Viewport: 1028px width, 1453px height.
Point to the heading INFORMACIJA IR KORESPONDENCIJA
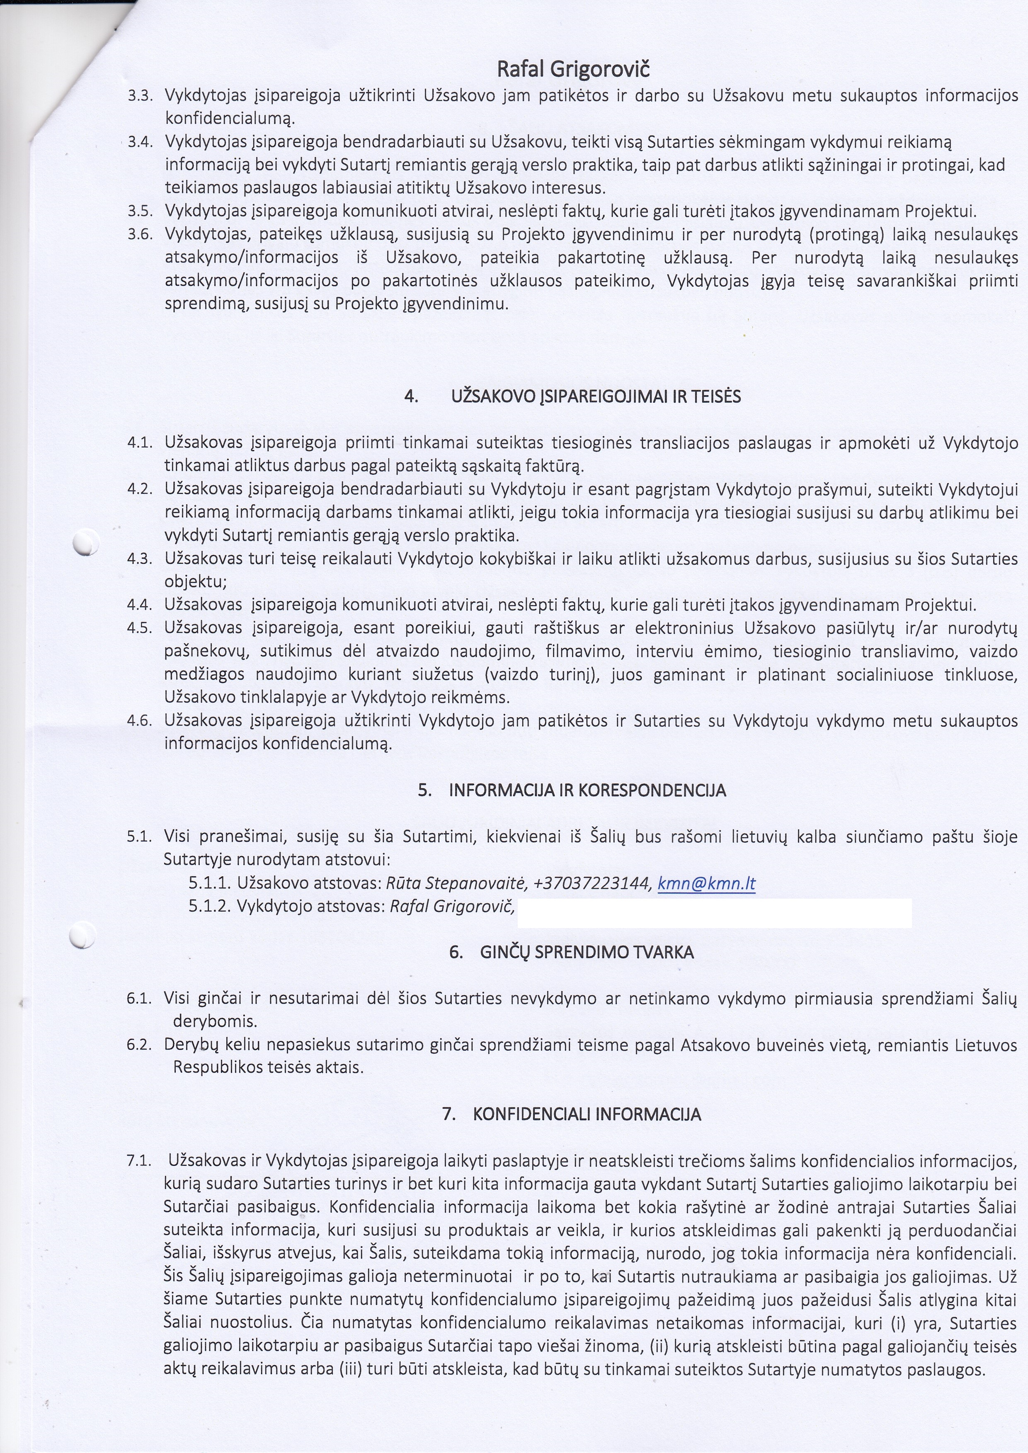click(x=587, y=791)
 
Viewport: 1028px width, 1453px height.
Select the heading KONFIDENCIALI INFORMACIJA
click(x=587, y=1115)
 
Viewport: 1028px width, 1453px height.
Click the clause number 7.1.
click(x=139, y=1161)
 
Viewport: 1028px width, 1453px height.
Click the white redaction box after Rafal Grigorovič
click(x=714, y=913)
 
